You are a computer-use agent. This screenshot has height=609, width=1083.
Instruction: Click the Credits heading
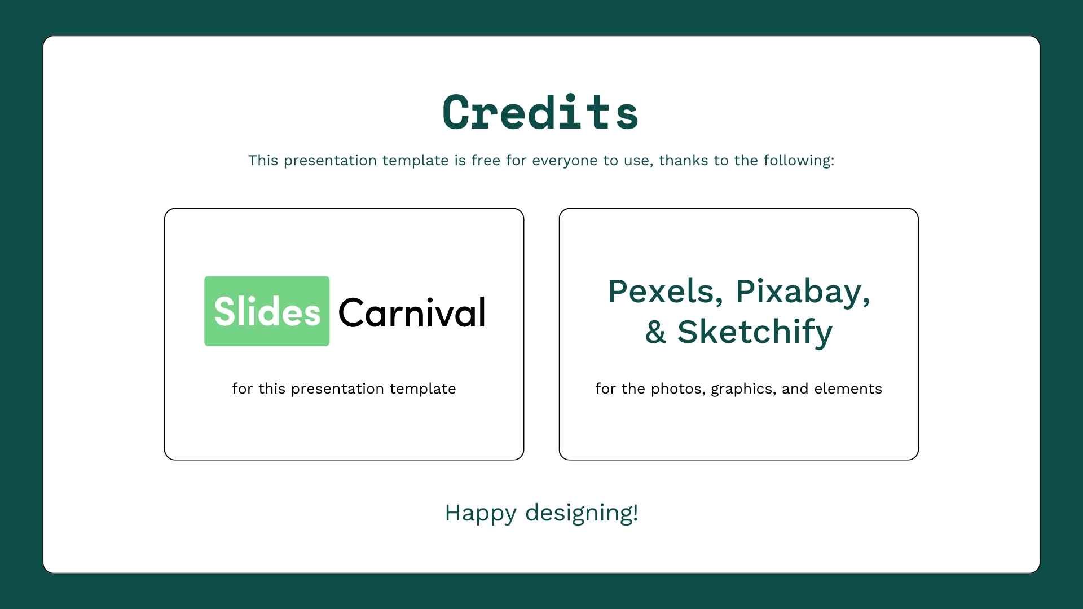pyautogui.click(x=540, y=113)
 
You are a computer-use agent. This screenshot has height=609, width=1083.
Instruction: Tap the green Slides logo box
pyautogui.click(x=267, y=311)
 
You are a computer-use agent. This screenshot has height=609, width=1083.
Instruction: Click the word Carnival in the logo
pyautogui.click(x=412, y=312)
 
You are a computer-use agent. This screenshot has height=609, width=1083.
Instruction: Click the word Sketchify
pyautogui.click(x=755, y=333)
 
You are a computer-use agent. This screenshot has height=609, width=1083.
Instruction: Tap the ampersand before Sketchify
pyautogui.click(x=655, y=332)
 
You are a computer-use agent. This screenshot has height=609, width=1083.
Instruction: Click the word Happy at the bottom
pyautogui.click(x=481, y=514)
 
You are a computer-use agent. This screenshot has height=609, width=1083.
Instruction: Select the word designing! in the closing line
pyautogui.click(x=582, y=513)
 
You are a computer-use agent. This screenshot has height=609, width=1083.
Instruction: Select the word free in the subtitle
pyautogui.click(x=486, y=160)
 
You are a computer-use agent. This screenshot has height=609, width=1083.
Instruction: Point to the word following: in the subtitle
pyautogui.click(x=799, y=161)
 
